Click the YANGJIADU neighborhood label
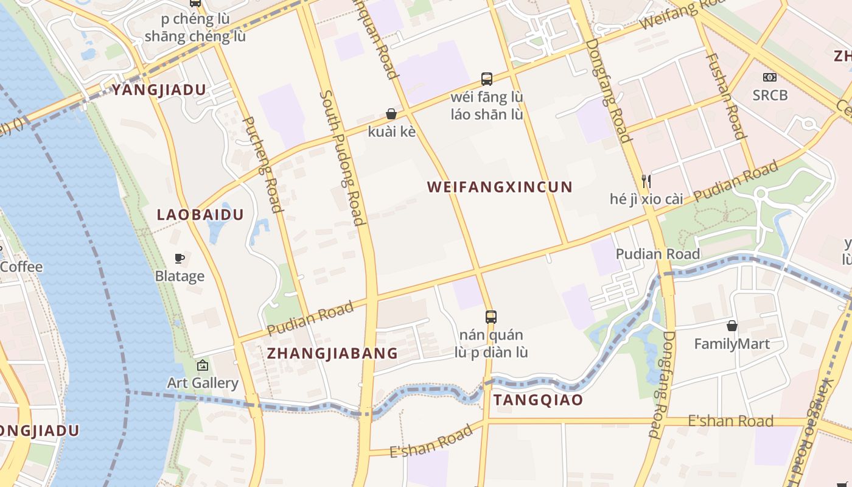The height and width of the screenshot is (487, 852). click(159, 90)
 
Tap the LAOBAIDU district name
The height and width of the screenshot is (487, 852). click(200, 215)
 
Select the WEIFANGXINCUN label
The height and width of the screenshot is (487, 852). click(500, 187)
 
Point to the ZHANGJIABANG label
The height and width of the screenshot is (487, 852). click(332, 353)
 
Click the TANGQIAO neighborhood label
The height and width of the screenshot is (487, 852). click(538, 400)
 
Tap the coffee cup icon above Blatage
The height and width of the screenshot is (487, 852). click(180, 259)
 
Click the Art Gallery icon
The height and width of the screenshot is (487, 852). click(203, 365)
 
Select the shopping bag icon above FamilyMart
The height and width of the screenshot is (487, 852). click(732, 326)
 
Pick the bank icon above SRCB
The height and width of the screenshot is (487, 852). click(770, 77)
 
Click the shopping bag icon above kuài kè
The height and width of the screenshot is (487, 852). click(391, 114)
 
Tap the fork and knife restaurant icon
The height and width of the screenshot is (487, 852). click(646, 181)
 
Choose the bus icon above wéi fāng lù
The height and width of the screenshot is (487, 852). click(487, 79)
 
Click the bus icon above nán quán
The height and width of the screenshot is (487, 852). click(491, 317)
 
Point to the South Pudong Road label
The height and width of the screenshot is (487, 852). click(343, 158)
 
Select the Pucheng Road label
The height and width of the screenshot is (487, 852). click(263, 164)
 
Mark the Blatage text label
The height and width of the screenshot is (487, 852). click(180, 276)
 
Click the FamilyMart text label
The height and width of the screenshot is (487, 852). click(732, 344)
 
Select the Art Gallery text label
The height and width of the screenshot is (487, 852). click(203, 383)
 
